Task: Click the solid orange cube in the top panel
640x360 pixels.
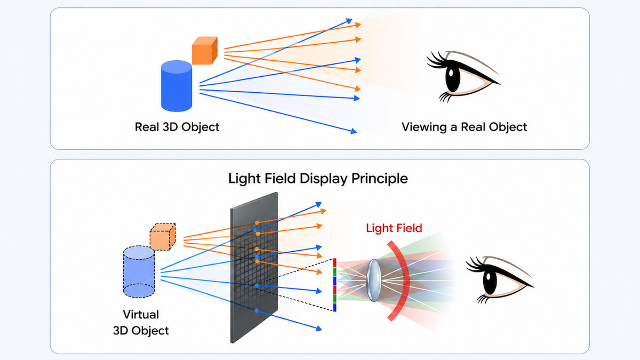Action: pos(205,51)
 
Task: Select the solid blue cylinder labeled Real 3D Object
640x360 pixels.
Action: pos(177,86)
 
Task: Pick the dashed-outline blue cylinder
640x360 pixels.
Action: pos(139,271)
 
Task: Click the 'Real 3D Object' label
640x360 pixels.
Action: pos(177,127)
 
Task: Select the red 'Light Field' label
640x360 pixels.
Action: pos(394,228)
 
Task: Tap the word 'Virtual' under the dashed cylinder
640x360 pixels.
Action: pos(141,314)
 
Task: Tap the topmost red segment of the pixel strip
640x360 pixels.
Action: pos(334,262)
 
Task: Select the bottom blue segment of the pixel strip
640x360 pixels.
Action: pos(334,307)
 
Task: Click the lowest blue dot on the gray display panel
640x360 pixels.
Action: pos(257,310)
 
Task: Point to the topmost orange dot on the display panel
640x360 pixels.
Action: pos(257,222)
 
